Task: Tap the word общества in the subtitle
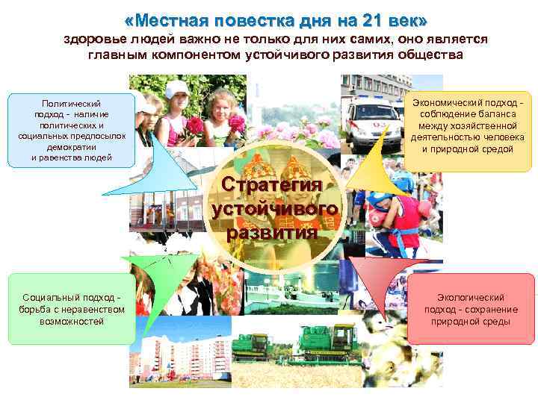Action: (430, 55)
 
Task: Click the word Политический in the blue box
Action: (72, 104)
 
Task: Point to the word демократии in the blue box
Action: (72, 148)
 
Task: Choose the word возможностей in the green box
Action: (72, 321)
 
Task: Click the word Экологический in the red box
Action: (471, 298)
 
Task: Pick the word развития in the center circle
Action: (272, 231)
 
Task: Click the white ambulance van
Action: (374, 119)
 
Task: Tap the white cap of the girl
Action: (177, 88)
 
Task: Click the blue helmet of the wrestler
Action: (380, 200)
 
